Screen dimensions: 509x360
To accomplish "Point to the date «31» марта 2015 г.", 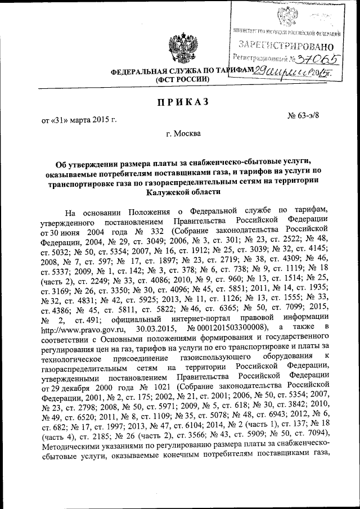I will pos(78,120).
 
